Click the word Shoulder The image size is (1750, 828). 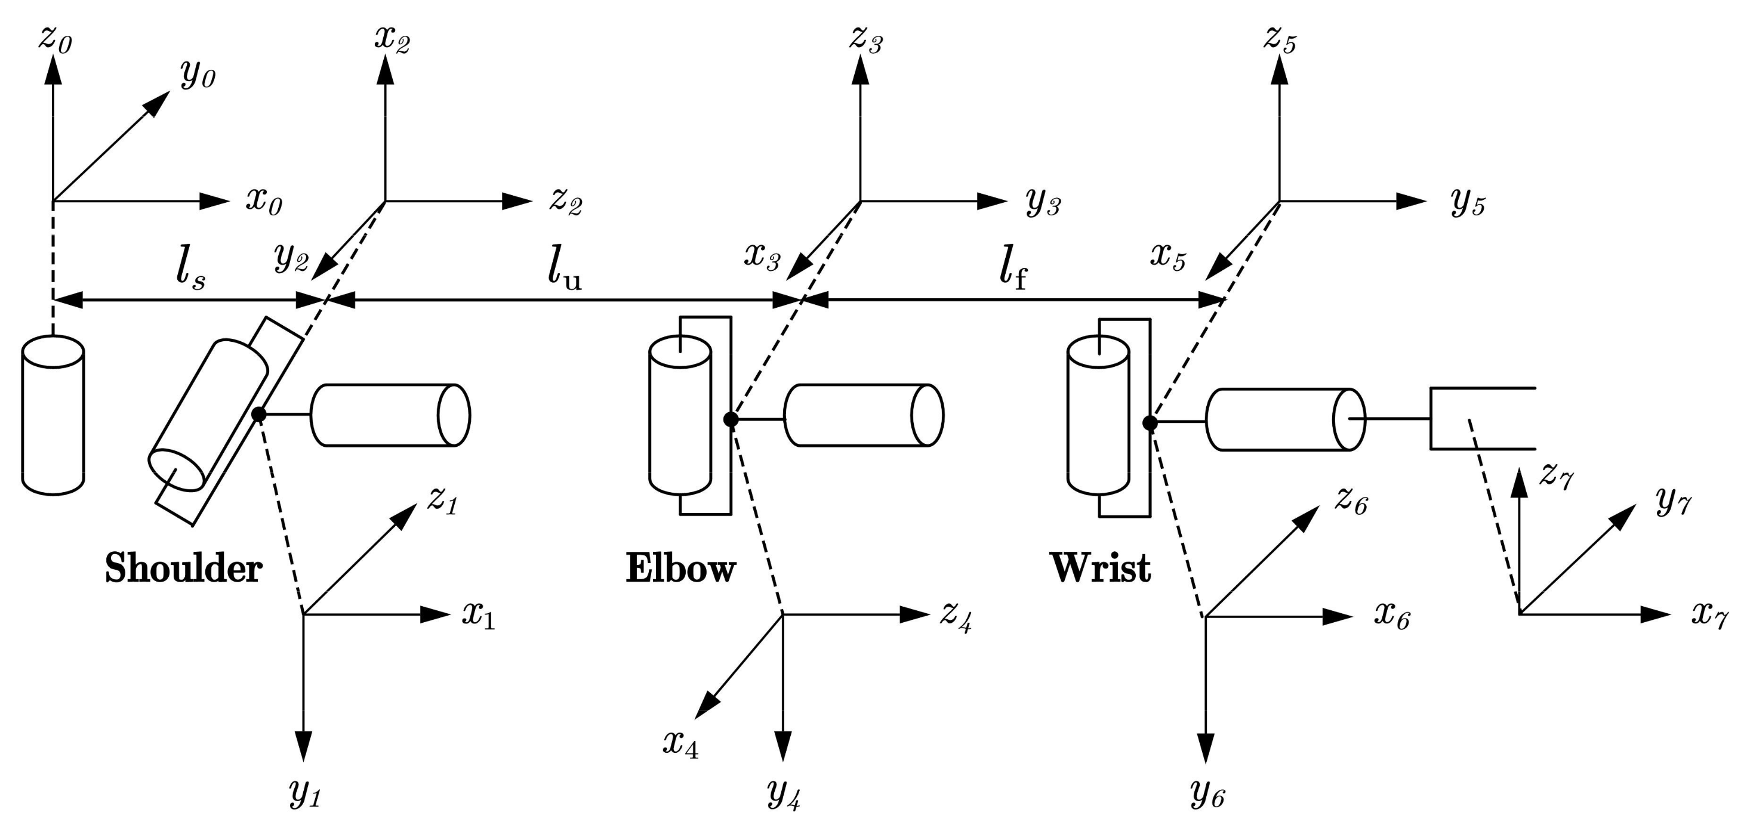pyautogui.click(x=183, y=568)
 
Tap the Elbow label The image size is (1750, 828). pyautogui.click(x=680, y=568)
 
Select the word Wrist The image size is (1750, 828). pyautogui.click(x=1101, y=568)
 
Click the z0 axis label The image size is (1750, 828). pyautogui.click(x=54, y=39)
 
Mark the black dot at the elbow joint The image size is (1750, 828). pyautogui.click(x=731, y=419)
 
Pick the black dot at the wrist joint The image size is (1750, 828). pyautogui.click(x=1150, y=423)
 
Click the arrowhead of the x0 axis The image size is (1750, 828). pyautogui.click(x=216, y=201)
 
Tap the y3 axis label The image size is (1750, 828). pyautogui.click(x=1042, y=201)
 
